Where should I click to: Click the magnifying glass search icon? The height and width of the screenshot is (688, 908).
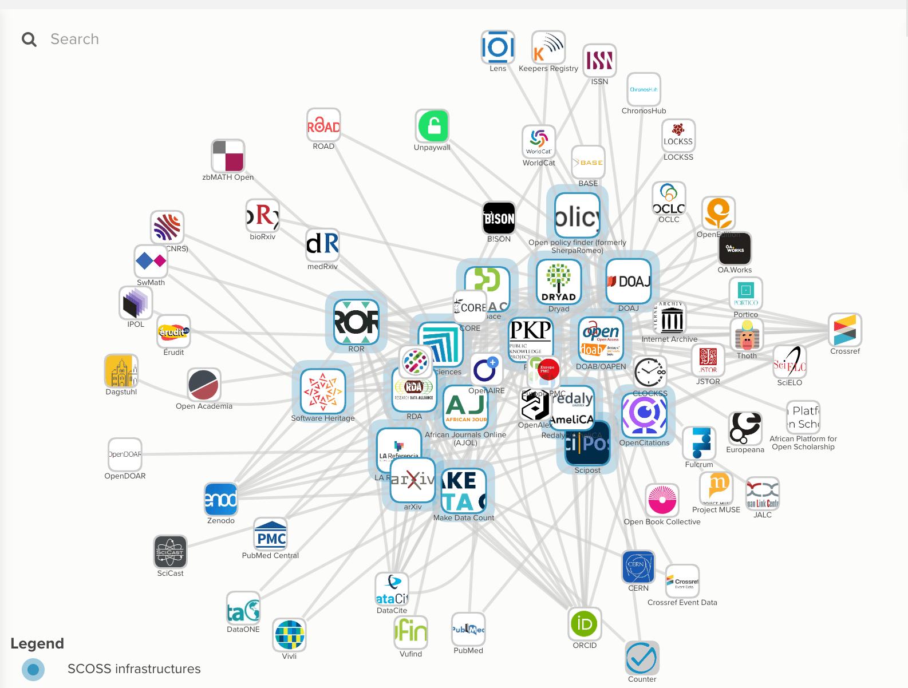(29, 39)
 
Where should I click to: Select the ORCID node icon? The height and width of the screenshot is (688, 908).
(585, 623)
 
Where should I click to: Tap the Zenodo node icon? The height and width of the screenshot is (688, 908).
(221, 499)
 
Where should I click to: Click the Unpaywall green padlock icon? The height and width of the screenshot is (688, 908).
(432, 126)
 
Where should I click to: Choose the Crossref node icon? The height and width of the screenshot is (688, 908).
(845, 330)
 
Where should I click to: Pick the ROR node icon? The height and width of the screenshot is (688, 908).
(356, 322)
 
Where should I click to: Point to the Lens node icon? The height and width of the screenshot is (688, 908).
(498, 47)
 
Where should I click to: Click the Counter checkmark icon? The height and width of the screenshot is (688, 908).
(642, 658)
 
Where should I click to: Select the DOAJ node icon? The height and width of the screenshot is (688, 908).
(628, 281)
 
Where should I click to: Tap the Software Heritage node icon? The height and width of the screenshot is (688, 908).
(323, 391)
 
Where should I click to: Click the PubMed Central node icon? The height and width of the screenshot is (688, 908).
(271, 535)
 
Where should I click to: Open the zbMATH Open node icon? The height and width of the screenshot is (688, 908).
(228, 156)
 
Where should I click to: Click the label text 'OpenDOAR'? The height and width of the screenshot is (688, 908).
(125, 476)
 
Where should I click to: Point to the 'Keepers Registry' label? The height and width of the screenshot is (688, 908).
(548, 69)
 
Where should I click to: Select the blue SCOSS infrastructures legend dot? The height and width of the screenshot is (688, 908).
(33, 669)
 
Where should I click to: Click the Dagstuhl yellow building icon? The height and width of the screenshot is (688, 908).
(121, 371)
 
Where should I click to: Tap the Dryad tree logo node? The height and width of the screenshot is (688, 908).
(559, 281)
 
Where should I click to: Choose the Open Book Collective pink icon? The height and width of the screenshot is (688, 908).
(662, 500)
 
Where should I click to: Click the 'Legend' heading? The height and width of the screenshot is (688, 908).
(37, 643)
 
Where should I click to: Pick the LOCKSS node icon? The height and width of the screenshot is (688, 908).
(678, 135)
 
